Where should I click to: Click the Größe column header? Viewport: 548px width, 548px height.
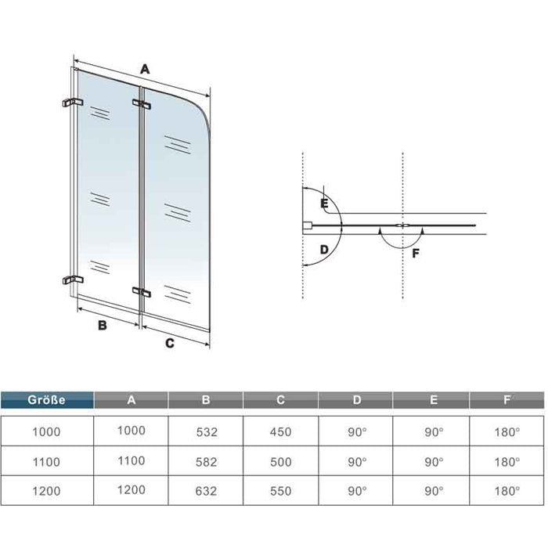47,400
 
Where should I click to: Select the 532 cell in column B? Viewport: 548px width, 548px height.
207,432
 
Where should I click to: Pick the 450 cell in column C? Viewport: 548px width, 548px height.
280,432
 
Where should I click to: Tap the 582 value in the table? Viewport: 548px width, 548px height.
207,462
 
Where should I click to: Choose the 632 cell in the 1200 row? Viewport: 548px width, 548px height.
207,491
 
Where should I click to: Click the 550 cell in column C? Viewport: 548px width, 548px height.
280,491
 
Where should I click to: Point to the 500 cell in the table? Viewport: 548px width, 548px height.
280,462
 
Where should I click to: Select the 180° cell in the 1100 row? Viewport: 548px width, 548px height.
507,462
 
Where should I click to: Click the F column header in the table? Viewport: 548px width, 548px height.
507,400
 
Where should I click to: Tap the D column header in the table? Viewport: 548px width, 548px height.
356,400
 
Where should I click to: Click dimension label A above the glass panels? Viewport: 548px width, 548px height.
145,69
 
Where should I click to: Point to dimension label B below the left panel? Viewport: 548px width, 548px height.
102,326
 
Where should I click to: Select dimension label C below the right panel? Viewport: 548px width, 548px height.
170,343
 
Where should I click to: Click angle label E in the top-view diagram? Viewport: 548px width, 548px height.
324,203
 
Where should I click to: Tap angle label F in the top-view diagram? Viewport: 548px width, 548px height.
416,253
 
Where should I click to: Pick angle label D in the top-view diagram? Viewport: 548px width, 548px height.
324,250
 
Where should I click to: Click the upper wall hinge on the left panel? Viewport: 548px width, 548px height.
73,103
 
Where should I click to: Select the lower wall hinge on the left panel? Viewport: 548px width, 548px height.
73,279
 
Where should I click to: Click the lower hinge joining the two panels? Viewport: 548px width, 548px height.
142,292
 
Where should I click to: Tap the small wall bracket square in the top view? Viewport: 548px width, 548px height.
307,225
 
